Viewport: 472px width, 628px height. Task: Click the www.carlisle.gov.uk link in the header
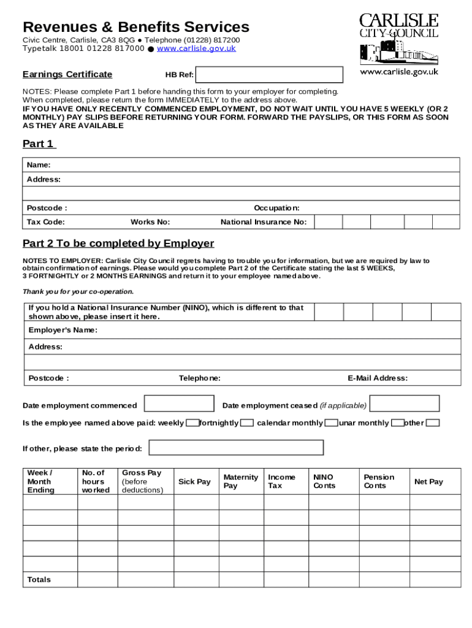pyautogui.click(x=196, y=48)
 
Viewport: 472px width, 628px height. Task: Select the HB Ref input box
pyautogui.click(x=268, y=75)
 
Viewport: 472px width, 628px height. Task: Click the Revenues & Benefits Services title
pyautogui.click(x=136, y=27)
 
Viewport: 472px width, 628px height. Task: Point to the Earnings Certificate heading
pyautogui.click(x=67, y=74)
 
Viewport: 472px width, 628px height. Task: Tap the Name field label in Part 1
pyautogui.click(x=39, y=165)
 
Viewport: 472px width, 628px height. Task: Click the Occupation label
pyautogui.click(x=276, y=208)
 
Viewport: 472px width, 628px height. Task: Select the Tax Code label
pyautogui.click(x=46, y=222)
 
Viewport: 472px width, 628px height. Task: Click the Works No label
pyautogui.click(x=150, y=222)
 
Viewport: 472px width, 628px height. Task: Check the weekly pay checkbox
pyautogui.click(x=192, y=423)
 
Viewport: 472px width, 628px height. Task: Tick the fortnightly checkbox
pyautogui.click(x=247, y=423)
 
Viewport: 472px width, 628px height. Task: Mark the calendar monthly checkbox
pyautogui.click(x=331, y=423)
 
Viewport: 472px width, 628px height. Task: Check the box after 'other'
pyautogui.click(x=433, y=423)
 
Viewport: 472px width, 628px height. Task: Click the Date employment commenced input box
pyautogui.click(x=179, y=404)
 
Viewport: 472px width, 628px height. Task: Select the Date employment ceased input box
pyautogui.click(x=405, y=404)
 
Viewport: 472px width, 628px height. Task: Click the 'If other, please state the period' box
pyautogui.click(x=237, y=448)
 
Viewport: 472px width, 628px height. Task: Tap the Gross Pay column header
pyautogui.click(x=143, y=481)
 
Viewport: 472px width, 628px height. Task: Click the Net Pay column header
pyautogui.click(x=428, y=481)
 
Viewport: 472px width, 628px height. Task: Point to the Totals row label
pyautogui.click(x=39, y=580)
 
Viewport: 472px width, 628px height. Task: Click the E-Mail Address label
pyautogui.click(x=378, y=378)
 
